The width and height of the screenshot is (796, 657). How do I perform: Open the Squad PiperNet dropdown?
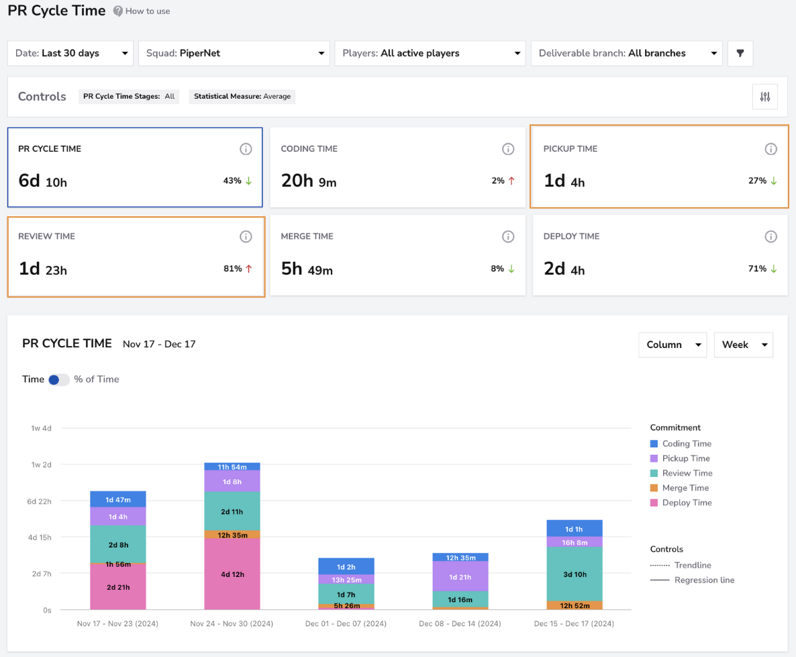(x=234, y=53)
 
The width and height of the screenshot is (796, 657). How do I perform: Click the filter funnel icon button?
(x=740, y=53)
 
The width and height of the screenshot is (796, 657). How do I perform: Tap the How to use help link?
(x=142, y=11)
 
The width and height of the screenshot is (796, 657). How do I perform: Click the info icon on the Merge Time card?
(x=507, y=236)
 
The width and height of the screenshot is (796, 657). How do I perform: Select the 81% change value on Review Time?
(x=232, y=269)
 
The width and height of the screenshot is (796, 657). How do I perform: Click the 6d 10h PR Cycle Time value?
(x=43, y=181)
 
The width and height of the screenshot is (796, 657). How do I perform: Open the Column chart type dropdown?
(x=673, y=345)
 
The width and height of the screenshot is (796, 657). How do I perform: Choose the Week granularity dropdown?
(x=743, y=345)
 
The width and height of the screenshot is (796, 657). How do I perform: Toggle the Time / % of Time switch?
(x=58, y=380)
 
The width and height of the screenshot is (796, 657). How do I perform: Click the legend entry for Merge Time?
(x=679, y=488)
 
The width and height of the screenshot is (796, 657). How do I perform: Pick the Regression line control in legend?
(x=693, y=580)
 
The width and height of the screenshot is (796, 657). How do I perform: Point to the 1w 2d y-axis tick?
(x=41, y=465)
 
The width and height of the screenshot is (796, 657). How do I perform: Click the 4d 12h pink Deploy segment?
(x=232, y=574)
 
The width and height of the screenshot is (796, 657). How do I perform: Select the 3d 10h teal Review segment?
(x=575, y=574)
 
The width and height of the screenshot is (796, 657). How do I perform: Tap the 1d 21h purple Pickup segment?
(x=460, y=576)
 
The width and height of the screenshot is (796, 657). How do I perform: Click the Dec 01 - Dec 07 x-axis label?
(x=346, y=623)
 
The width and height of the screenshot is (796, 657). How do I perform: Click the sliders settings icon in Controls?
(x=765, y=97)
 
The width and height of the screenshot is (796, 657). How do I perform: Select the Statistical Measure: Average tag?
(x=242, y=97)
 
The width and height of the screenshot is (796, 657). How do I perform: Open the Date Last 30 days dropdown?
(x=70, y=53)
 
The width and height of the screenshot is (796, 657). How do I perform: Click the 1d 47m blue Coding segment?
(x=117, y=500)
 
